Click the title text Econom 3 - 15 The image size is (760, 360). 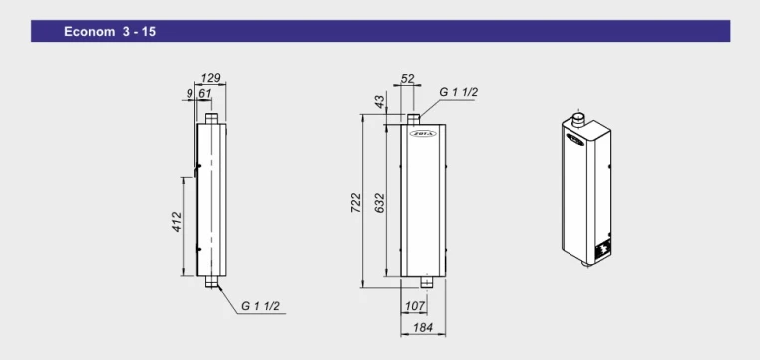tap(110, 32)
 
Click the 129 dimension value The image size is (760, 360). tap(211, 77)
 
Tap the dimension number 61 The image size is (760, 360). tap(205, 93)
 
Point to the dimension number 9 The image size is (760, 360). tap(189, 93)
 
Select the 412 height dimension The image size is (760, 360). tap(177, 222)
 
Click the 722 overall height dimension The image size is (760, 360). tap(356, 203)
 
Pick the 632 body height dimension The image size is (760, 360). tap(380, 203)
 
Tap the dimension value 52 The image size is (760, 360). tap(408, 78)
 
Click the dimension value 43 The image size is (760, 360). tap(380, 102)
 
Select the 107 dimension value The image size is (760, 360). tap(415, 306)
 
